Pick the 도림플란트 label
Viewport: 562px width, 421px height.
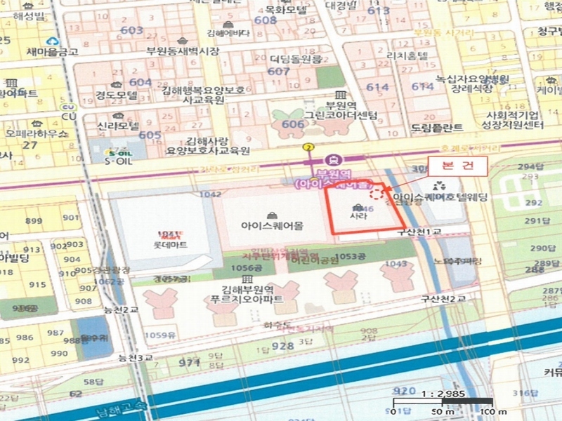(437, 127)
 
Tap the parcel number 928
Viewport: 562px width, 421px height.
(282, 346)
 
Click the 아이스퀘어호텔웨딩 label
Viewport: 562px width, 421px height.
(440, 198)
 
